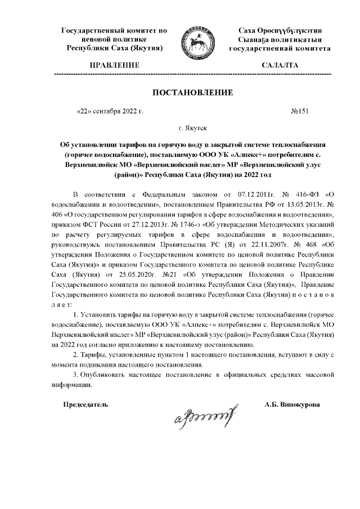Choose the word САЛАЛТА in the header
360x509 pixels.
pos(280,66)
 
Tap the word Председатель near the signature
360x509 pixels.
pos(85,404)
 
